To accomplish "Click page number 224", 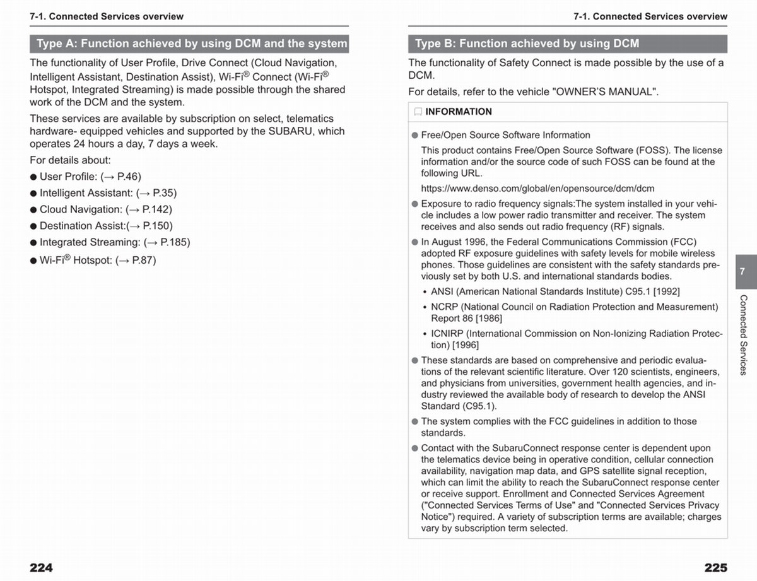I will (x=42, y=567).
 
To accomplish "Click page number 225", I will (x=715, y=567).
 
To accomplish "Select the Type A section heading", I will (x=189, y=44).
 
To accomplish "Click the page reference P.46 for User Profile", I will (x=129, y=177).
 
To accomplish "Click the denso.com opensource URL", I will (x=537, y=188).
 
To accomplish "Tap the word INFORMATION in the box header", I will (x=459, y=112).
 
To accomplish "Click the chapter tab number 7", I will (x=742, y=271).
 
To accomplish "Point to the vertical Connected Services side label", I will (x=743, y=334).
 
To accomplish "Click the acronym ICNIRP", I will (x=449, y=334).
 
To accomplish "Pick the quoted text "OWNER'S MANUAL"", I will (x=604, y=91).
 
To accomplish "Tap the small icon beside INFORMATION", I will (x=418, y=112).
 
